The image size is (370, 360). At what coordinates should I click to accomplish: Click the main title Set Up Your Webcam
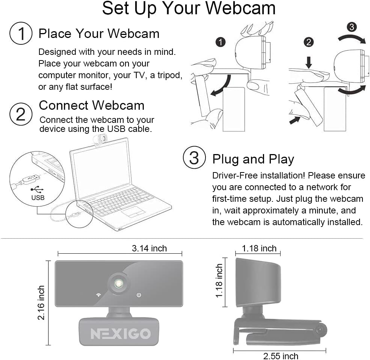[x=189, y=9]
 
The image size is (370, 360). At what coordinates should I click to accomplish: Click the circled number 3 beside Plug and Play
[x=194, y=158]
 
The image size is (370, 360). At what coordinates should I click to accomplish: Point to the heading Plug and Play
[x=253, y=159]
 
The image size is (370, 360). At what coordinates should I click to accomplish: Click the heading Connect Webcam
[x=91, y=105]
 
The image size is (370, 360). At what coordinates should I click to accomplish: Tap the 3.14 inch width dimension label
[x=149, y=248]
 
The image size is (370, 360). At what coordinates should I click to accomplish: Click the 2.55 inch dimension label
[x=281, y=355]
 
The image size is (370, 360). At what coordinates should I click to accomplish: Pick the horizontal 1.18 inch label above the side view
[x=259, y=248]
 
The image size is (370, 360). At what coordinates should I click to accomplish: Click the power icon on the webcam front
[x=139, y=295]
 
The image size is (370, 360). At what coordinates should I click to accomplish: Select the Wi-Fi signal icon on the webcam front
[x=98, y=295]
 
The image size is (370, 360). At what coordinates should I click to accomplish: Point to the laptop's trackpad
[x=134, y=212]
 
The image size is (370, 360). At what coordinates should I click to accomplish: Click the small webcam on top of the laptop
[x=100, y=140]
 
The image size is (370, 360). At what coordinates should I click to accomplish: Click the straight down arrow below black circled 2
[x=309, y=62]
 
